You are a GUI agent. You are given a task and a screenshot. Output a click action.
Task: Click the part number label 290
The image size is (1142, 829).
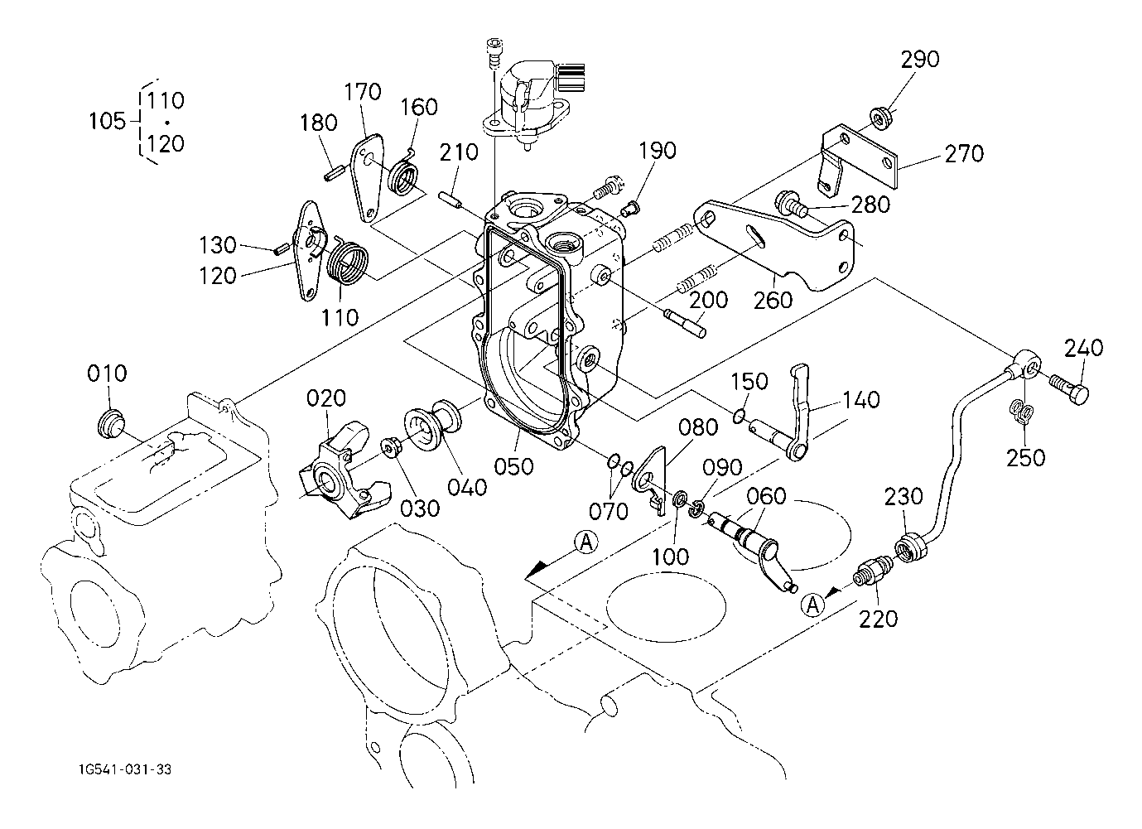920,60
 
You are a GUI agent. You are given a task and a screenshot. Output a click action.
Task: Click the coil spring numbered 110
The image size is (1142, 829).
345,258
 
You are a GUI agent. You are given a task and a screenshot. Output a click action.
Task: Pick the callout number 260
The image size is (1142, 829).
773,298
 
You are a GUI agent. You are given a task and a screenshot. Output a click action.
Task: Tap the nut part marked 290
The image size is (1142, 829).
881,117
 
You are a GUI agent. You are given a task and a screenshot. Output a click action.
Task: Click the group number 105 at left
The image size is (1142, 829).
107,122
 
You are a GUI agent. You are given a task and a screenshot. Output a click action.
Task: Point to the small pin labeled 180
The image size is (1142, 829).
334,173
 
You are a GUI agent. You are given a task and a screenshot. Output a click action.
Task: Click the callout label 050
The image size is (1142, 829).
513,466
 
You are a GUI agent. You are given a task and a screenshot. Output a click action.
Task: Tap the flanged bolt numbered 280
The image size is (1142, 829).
790,202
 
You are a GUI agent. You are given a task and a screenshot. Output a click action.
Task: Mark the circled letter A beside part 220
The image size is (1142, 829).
813,605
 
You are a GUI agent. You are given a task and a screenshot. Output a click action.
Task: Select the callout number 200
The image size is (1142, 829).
710,300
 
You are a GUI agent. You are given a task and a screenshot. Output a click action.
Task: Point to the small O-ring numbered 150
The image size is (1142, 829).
740,414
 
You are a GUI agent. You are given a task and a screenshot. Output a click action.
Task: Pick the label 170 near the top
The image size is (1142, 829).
363,91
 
